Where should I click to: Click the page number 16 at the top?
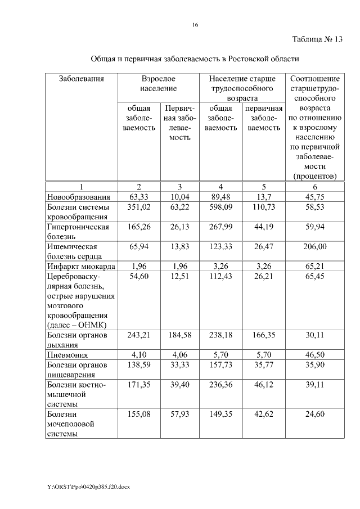[195, 25]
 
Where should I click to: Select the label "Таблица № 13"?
[317, 39]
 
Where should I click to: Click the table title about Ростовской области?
[195, 58]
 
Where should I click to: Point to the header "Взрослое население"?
[158, 84]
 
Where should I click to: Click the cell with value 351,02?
[139, 207]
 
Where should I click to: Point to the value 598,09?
[220, 207]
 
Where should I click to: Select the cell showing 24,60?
[314, 415]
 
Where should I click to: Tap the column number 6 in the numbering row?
[314, 187]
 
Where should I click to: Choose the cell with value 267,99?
[220, 227]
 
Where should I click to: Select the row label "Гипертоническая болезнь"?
[77, 231]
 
